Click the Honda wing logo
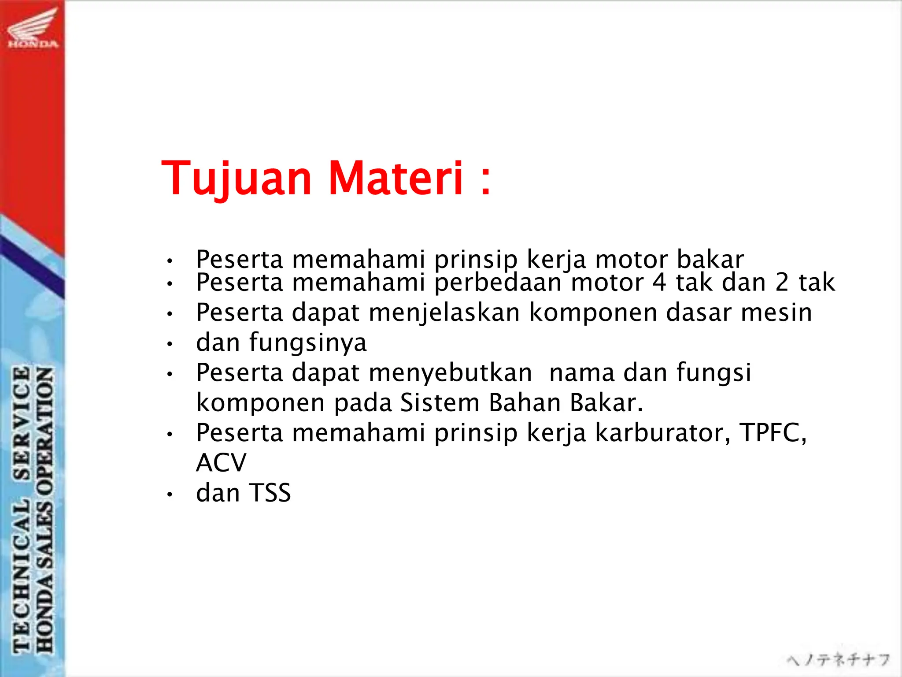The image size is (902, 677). [33, 27]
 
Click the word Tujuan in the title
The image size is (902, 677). [237, 179]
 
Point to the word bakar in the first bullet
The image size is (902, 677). [710, 259]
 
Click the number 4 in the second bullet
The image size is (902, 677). [659, 282]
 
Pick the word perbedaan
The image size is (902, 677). [498, 282]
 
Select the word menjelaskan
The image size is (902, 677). [444, 313]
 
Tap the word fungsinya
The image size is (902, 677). [307, 343]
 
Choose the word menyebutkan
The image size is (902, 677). [450, 373]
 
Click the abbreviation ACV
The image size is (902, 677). [221, 463]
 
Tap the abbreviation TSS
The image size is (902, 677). [270, 493]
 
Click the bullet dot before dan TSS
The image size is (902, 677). [170, 495]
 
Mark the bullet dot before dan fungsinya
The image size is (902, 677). [170, 344]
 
